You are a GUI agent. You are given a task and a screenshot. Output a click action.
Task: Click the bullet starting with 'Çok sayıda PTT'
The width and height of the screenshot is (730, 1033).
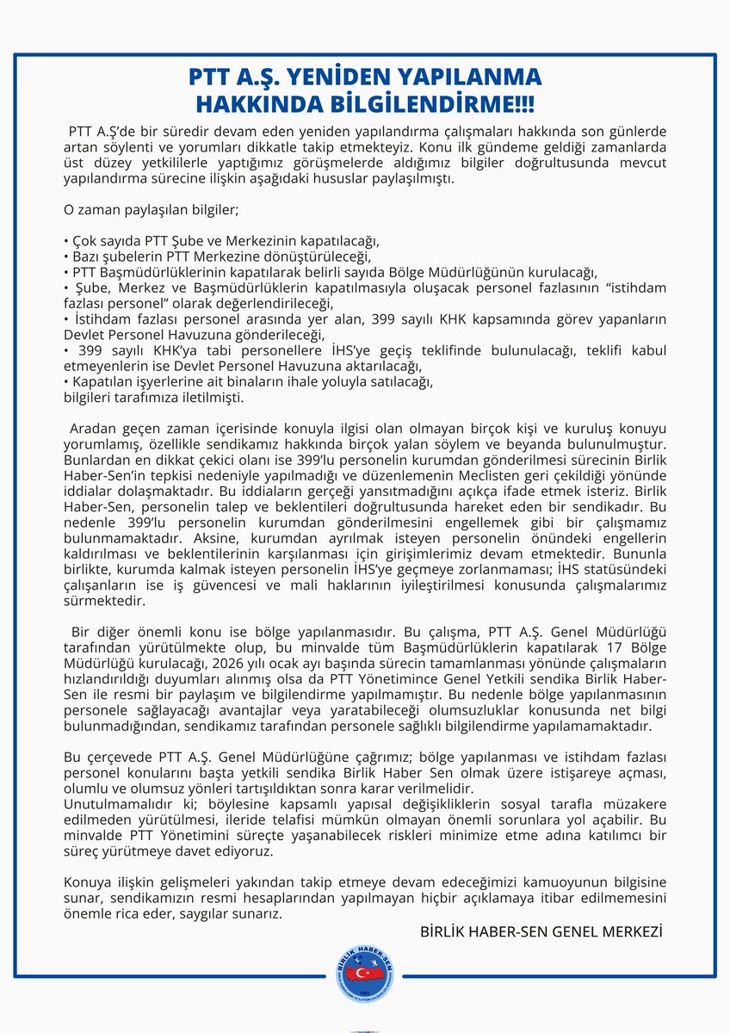point(222,240)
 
